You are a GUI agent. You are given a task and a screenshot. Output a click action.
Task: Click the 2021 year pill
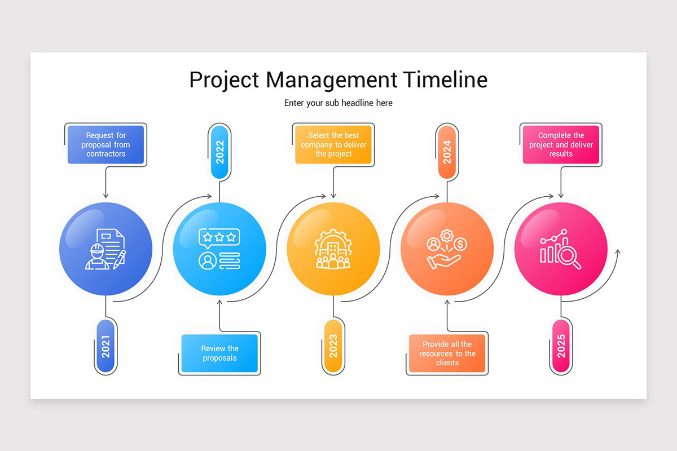coord(105,346)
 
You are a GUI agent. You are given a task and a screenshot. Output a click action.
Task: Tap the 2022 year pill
coord(219,152)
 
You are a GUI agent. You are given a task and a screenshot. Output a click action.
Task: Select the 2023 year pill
coord(333,346)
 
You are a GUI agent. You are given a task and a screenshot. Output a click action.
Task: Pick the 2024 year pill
coord(447,152)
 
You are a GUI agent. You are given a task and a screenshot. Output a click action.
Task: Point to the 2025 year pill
coord(561,346)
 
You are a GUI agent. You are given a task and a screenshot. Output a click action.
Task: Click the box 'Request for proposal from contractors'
coord(105,144)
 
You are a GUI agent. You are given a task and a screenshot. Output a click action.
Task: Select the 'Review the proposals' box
coord(219,353)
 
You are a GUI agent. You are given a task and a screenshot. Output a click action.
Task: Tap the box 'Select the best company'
coord(333,144)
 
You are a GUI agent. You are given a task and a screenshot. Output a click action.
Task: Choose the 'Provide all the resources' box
coord(447,353)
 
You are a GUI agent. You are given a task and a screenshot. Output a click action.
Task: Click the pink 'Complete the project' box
coord(561,144)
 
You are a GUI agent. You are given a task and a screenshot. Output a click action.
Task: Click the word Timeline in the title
coord(445,79)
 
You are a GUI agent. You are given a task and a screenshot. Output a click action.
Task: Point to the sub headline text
coord(338,103)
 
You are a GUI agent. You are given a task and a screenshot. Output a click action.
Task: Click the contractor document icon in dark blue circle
coord(105,249)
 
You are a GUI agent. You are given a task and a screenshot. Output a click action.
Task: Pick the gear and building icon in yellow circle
coord(333,249)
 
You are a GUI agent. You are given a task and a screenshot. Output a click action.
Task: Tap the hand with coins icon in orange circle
coord(447,249)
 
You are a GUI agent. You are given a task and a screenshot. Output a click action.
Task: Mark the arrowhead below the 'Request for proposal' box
coord(105,195)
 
